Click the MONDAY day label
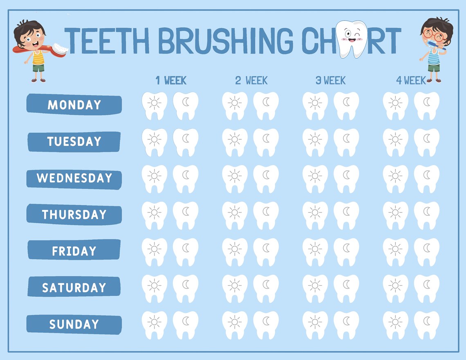click(74, 105)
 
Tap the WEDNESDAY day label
click(74, 178)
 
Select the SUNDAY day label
click(74, 324)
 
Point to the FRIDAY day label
click(74, 251)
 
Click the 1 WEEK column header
click(171, 80)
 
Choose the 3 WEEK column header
click(330, 80)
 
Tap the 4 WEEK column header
click(410, 80)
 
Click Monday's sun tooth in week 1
click(154, 105)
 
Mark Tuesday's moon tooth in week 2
click(266, 141)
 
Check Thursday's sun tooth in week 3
click(315, 214)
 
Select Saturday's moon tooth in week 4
click(427, 287)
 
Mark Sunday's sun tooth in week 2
click(235, 324)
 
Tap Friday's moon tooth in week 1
click(186, 251)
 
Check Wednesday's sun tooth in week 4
click(395, 178)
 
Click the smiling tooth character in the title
click(349, 38)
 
